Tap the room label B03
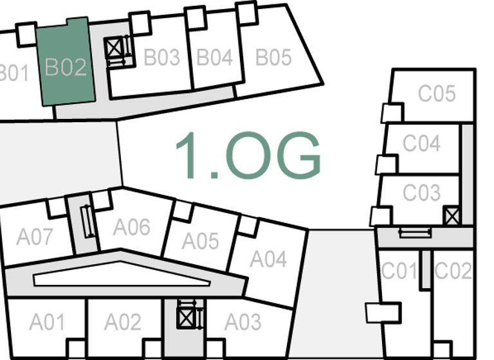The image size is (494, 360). coord(161,58)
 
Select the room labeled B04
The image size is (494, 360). coord(214,57)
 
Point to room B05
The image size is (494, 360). coord(273,58)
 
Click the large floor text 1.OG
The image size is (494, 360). coord(248,156)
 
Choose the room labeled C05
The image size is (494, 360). coord(437,94)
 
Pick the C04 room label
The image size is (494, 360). coord(421,143)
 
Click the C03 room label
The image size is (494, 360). coord(421,192)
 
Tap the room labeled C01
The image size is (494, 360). coord(399,271)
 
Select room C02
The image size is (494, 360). coord(453,271)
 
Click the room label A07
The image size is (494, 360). coord(35,237)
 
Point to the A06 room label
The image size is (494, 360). coord(132,227)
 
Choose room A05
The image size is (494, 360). coord(201,241)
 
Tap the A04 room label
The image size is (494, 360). coord(268,259)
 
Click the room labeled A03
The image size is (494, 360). coord(242,321)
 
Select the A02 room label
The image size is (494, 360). coord(122,321)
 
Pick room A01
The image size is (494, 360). coord(46,321)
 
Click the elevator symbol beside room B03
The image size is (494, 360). coord(115,48)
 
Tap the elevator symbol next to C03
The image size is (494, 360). coord(452,215)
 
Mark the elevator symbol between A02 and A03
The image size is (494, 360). coord(186,316)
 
